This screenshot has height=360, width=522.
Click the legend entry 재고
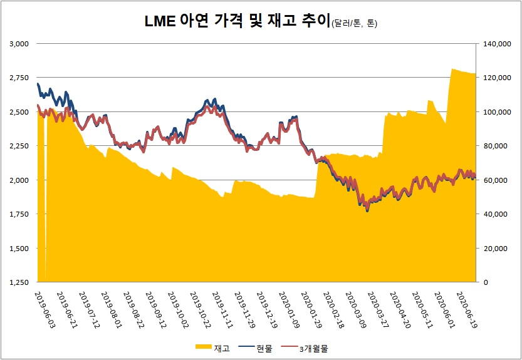[x=213, y=348]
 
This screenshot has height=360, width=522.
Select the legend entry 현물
[x=258, y=348]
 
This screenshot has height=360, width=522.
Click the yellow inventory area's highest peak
[x=452, y=69]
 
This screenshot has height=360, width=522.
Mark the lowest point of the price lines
[x=367, y=211]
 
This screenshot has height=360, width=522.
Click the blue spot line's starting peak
[x=38, y=83]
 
